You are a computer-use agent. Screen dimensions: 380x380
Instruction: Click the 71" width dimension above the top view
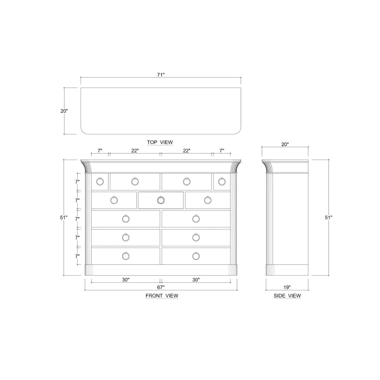pos(161,75)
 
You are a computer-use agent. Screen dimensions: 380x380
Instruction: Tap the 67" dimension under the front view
pos(161,287)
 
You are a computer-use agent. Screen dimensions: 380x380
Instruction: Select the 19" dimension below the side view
pos(287,287)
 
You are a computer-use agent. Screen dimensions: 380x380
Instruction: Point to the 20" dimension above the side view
pos(285,144)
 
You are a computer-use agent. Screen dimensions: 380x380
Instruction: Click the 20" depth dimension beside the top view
pos(64,111)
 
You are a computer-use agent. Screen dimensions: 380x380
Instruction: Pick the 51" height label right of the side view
pos(328,218)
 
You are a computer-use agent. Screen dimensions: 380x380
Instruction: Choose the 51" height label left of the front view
pos(64,218)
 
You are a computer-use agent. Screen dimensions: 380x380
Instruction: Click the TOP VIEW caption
pos(160,142)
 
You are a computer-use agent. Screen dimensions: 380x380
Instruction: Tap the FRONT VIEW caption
pos(162,296)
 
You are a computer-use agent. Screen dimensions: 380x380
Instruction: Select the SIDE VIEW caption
pos(287,296)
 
